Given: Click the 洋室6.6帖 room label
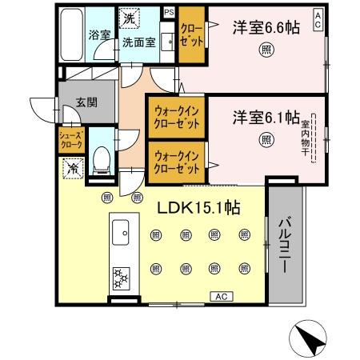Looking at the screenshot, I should tap(266, 28).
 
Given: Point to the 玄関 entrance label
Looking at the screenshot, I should tap(86, 102).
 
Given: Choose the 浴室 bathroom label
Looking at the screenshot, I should tap(99, 36).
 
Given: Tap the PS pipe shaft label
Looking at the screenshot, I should tap(169, 13).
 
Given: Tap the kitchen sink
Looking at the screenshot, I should tap(123, 233).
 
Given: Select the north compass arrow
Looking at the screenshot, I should tap(313, 339).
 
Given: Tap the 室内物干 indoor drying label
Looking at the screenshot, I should tap(306, 139).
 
